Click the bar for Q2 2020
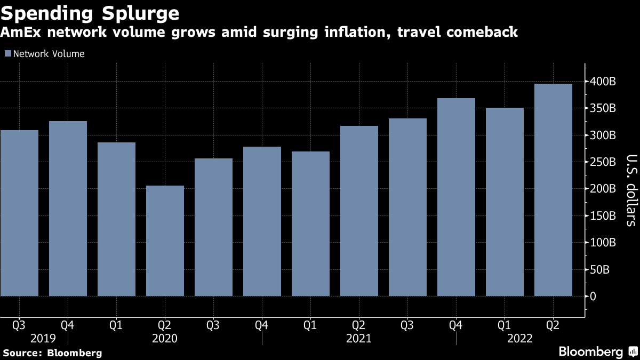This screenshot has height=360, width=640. (165, 241)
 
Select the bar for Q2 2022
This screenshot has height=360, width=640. (553, 190)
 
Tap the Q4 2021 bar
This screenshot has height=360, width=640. (456, 197)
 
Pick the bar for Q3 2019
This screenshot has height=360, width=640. (20, 213)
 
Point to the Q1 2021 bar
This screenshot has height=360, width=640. (310, 223)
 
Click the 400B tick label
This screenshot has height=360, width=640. (603, 82)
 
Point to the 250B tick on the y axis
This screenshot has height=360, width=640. (603, 162)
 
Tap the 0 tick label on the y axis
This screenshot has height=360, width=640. (593, 296)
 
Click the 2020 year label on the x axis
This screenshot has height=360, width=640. (165, 338)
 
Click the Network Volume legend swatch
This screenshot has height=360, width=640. (7, 54)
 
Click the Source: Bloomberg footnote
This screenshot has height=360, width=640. (52, 353)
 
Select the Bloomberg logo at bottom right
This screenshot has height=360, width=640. (597, 351)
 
